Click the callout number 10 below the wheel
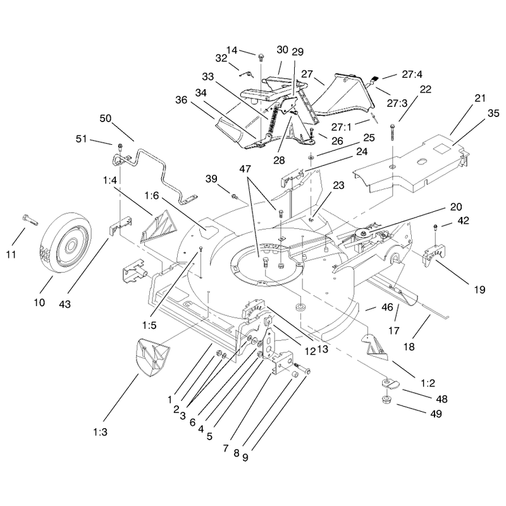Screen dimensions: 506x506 39,302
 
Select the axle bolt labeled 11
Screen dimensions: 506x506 30,219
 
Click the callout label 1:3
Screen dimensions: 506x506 101,432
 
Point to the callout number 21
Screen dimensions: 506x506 480,98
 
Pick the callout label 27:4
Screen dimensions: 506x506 412,74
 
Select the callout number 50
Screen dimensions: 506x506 105,118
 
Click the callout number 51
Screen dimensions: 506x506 82,139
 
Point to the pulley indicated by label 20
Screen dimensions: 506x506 362,232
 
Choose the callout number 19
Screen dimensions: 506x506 479,290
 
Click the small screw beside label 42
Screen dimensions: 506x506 436,226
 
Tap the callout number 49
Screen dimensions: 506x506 436,414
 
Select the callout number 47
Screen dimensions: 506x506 245,168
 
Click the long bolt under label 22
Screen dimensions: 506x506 392,132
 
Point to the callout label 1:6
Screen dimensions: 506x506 152,195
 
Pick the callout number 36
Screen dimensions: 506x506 181,100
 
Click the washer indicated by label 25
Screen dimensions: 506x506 311,157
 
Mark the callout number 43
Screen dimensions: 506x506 65,304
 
